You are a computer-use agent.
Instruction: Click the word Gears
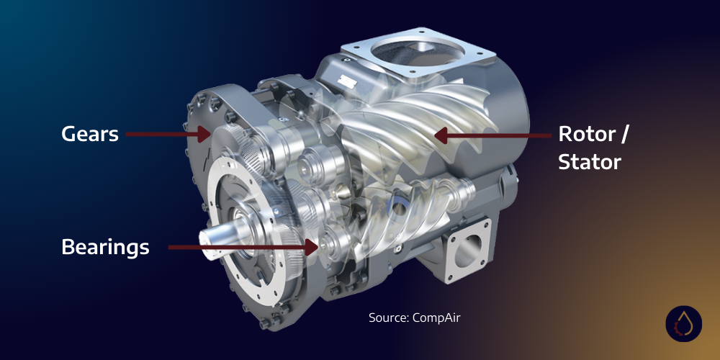(x=90, y=134)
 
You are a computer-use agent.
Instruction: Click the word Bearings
(x=105, y=248)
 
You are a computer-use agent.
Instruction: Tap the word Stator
(x=590, y=162)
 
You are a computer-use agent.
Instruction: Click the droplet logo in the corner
(x=683, y=325)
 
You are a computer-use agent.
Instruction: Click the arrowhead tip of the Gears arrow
(x=209, y=133)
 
